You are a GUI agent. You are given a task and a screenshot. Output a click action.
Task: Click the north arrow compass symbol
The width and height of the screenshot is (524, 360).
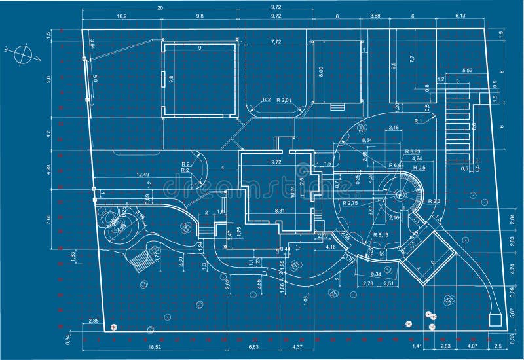22,54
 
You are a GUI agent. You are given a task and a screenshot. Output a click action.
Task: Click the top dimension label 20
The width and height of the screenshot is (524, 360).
160,7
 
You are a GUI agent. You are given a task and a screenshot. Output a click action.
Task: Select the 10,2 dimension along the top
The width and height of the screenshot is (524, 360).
121,16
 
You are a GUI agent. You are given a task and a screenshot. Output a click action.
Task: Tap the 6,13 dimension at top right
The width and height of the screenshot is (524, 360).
460,16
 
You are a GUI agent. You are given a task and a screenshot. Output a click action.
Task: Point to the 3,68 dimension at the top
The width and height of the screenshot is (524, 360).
375,16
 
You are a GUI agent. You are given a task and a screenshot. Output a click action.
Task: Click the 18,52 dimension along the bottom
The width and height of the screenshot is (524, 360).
155,346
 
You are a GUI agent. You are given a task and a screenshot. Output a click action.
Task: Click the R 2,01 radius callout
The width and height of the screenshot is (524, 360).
285,99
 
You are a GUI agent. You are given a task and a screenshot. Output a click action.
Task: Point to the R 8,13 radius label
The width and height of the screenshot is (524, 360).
381,234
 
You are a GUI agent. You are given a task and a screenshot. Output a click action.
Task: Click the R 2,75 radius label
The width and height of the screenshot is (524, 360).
351,204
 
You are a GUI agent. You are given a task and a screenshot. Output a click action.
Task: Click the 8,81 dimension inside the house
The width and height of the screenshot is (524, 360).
280,210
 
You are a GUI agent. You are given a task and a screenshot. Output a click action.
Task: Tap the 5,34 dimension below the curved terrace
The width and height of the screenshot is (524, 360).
376,274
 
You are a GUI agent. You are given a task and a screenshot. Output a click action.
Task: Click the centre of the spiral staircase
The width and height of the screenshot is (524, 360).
400,194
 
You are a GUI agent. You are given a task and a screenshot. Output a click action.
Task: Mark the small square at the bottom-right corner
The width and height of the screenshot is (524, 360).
497,320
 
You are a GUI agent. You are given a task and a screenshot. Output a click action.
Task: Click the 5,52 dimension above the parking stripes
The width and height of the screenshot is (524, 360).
467,70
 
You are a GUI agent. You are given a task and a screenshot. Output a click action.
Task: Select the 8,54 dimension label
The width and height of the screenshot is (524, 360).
367,140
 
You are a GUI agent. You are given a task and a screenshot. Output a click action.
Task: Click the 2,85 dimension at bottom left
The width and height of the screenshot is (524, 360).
94,321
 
